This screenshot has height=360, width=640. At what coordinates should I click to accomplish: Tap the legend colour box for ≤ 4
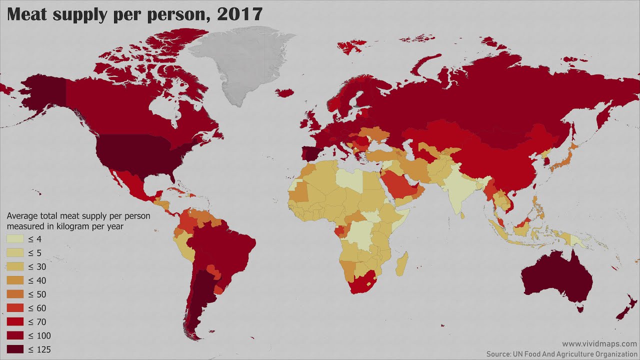click(15, 239)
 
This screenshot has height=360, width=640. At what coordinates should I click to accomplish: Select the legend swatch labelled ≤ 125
click(15, 349)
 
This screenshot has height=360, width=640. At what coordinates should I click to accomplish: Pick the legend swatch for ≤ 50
click(15, 294)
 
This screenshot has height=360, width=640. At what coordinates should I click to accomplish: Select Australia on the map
click(555, 277)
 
